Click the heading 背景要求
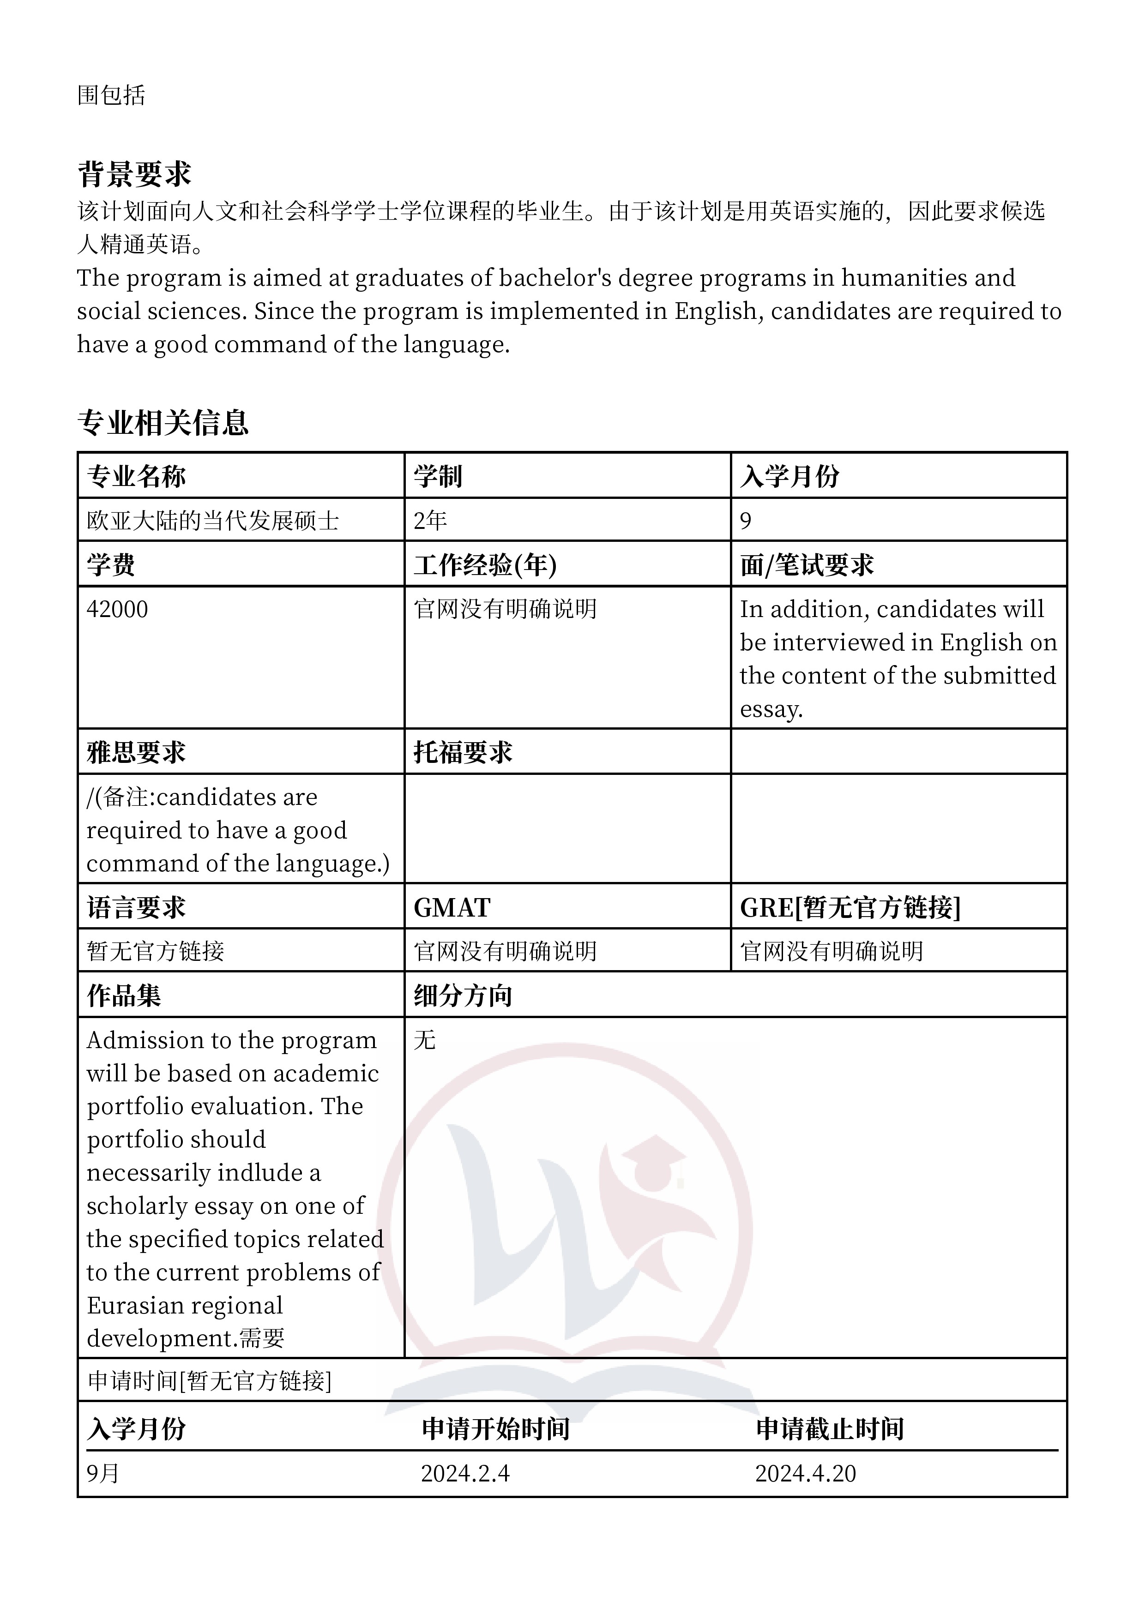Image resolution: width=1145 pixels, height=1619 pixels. click(x=134, y=174)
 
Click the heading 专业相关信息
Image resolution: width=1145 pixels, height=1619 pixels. click(x=163, y=422)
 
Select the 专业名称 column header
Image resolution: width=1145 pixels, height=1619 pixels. click(x=136, y=477)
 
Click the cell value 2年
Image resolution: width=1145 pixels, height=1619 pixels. click(x=430, y=521)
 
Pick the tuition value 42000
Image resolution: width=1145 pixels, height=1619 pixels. click(x=117, y=609)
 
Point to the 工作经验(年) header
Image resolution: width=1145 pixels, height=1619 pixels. click(x=485, y=565)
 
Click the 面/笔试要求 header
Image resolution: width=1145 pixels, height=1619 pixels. click(x=807, y=565)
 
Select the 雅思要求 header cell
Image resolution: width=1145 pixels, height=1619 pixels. click(x=136, y=752)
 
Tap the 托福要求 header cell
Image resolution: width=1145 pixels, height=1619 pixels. click(x=463, y=752)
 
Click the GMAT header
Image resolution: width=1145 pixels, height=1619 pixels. click(x=452, y=907)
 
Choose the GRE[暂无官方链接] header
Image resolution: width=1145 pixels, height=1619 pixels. click(x=850, y=907)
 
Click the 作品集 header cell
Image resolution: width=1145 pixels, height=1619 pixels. click(x=124, y=995)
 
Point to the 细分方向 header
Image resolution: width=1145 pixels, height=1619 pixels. click(x=463, y=995)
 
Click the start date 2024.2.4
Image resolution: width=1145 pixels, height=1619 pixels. click(x=465, y=1473)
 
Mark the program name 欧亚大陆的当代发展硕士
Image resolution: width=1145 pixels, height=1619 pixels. click(x=212, y=521)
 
